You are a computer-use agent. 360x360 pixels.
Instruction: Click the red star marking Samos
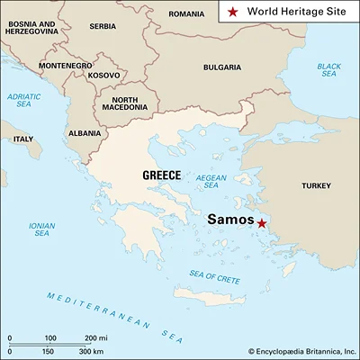click(x=261, y=223)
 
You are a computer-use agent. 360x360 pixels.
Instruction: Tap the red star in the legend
click(x=232, y=13)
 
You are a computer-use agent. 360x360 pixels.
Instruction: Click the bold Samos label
click(x=229, y=220)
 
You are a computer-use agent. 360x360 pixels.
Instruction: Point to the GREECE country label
click(x=162, y=175)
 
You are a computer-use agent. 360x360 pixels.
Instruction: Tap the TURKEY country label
click(x=316, y=185)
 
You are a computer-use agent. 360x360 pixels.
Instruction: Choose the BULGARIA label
click(x=221, y=67)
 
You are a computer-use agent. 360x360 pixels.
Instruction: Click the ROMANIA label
click(x=186, y=14)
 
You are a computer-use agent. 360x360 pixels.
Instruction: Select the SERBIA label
click(x=103, y=26)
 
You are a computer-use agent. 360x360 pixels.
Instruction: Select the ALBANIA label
click(x=85, y=133)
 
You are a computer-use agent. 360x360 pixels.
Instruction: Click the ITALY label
click(x=22, y=139)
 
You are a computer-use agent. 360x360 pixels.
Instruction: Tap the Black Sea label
click(x=329, y=71)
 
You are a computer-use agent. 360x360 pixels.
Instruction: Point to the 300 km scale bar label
click(x=92, y=350)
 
